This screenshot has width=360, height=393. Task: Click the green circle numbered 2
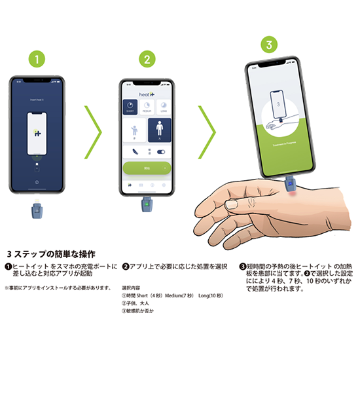pos(149,59)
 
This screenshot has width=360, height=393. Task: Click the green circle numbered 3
pos(266,45)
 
